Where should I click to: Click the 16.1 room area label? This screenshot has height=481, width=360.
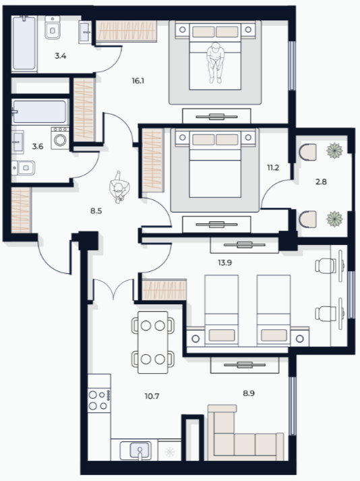tap(138, 81)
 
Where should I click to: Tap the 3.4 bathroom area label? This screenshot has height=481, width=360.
tap(61, 56)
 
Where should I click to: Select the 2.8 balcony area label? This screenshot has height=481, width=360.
tap(321, 181)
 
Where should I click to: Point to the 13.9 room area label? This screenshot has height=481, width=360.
tap(224, 262)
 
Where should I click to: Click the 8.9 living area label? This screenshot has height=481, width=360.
tap(249, 393)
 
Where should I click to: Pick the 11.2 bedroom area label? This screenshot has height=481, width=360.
tap(273, 168)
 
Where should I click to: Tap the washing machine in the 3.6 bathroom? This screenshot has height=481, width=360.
tap(60, 138)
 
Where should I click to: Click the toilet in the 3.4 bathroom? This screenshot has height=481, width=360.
tap(53, 28)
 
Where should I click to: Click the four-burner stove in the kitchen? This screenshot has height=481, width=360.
tap(99, 400)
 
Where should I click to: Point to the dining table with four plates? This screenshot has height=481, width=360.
tap(153, 342)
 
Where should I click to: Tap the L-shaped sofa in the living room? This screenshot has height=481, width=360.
tap(245, 432)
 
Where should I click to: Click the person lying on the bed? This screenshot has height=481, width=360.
tap(216, 63)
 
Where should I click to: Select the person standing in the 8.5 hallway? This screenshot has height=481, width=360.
tap(119, 187)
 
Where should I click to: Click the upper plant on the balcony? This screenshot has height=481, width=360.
tap(334, 150)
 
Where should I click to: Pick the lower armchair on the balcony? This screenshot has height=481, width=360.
tap(307, 219)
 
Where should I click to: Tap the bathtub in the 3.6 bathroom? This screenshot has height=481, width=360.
tap(39, 111)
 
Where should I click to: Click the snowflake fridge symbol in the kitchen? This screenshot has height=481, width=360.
tap(170, 452)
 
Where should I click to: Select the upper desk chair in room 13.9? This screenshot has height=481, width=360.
tap(326, 266)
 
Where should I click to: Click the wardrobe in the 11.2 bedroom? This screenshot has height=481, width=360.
tap(152, 160)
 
